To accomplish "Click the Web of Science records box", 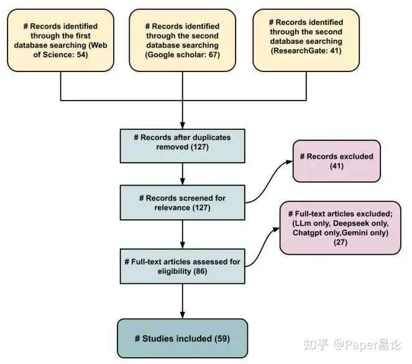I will point(61,40).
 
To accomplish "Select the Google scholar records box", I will point(182,40).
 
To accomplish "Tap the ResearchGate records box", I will point(302,40).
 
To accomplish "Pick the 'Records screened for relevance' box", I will point(182,202).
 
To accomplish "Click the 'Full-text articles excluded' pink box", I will point(341,227).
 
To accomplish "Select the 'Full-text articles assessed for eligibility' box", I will point(182,265).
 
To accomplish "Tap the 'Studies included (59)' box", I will point(182,338).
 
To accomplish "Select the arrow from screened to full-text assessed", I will point(182,232).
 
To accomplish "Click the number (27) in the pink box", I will point(341,243).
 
